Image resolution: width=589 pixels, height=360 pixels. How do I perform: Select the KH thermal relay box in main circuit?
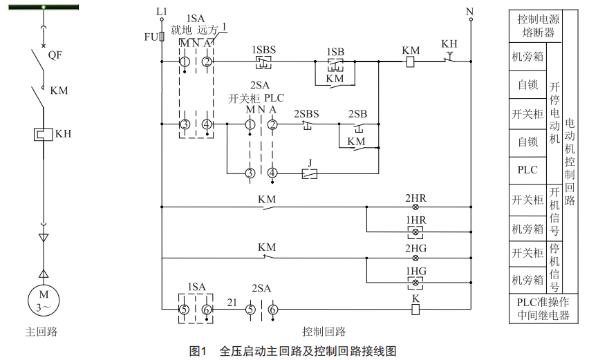coord(44,134)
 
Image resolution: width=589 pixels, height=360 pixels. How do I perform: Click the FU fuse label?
coord(151,37)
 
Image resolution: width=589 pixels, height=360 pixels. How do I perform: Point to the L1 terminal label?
coord(162,12)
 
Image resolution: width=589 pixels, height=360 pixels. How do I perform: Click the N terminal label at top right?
coord(470,12)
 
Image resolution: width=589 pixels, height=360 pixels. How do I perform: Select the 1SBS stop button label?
coord(263,50)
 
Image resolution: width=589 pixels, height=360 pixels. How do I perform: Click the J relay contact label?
coord(310,163)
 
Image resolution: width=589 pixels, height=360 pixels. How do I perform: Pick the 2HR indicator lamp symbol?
coord(415,207)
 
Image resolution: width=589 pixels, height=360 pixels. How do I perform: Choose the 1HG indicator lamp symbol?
coord(415,283)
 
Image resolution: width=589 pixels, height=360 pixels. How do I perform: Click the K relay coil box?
coord(415,310)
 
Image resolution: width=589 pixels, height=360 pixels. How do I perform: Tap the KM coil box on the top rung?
coord(410,62)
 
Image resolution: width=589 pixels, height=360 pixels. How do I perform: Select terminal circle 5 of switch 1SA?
coord(185,310)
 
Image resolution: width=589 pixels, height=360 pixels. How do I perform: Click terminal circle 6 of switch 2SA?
coord(272,310)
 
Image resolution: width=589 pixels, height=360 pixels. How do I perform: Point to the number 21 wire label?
coord(233,302)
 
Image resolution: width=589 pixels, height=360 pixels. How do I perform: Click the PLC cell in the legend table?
coord(527,169)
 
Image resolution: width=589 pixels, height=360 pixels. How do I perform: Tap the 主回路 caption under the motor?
coord(41,332)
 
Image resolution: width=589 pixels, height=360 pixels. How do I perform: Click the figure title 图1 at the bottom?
coord(198,350)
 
